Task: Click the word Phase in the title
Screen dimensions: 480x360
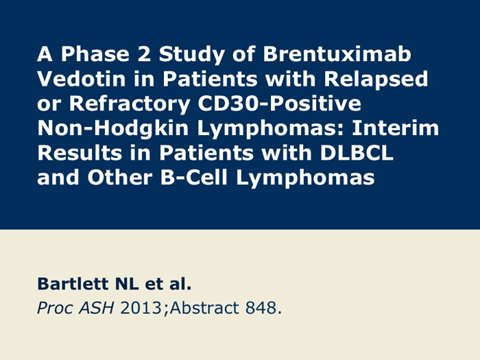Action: pos(95,54)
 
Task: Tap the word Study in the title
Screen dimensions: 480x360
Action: pos(191,55)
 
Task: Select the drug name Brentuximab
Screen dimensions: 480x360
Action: pos(337,54)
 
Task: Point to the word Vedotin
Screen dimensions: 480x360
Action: pos(82,79)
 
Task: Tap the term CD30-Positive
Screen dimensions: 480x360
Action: pos(280,104)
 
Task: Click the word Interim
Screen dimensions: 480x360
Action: pos(396,128)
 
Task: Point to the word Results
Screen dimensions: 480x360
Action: pos(80,153)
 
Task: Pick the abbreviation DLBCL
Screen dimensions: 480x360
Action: pos(357,153)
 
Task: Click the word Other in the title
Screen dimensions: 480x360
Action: pos(120,178)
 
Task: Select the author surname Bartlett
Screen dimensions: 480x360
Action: pos(73,284)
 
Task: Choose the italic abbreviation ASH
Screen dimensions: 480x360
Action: pos(96,308)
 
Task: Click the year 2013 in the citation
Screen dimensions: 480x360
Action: pos(141,308)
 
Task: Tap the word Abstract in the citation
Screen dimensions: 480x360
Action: pos(204,308)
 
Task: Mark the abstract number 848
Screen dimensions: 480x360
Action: pos(261,308)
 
